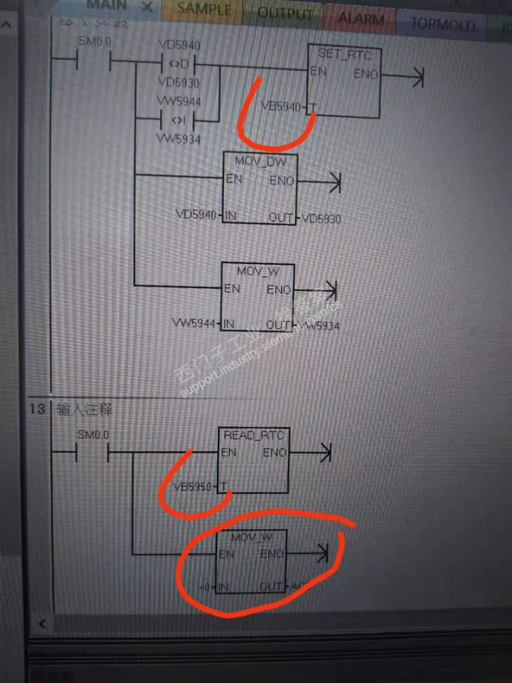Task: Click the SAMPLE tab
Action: (204, 9)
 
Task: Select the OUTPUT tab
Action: (285, 13)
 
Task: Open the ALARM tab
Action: (361, 19)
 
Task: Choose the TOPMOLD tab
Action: (443, 24)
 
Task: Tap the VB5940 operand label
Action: (281, 106)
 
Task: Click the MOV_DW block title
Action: (260, 161)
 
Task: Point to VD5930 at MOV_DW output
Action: (321, 219)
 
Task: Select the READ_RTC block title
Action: (253, 435)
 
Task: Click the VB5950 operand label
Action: (192, 487)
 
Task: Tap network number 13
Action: (37, 409)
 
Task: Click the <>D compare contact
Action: (179, 64)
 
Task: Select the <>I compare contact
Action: (178, 120)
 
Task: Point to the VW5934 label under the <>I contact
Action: (178, 139)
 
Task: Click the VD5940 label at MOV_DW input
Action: (196, 214)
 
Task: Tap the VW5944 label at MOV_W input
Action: (193, 323)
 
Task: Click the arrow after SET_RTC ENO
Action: (417, 77)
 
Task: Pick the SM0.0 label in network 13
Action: (93, 434)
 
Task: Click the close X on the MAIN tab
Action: (147, 7)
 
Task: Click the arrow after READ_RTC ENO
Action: (325, 452)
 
